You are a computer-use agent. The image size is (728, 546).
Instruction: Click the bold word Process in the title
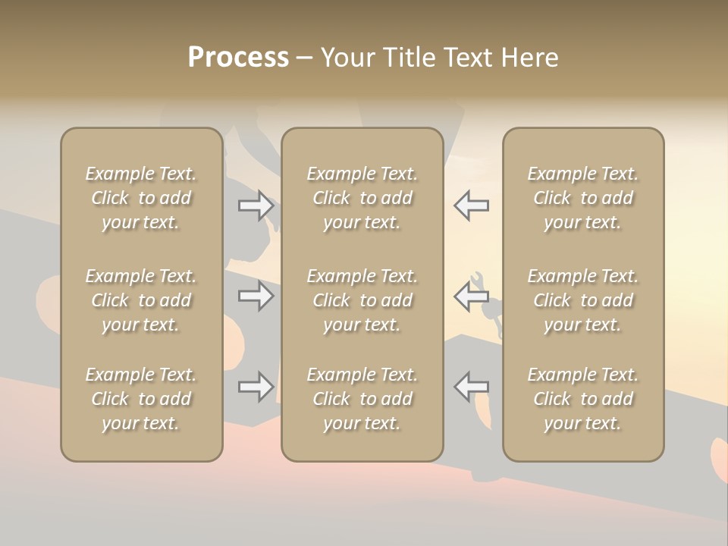(x=238, y=58)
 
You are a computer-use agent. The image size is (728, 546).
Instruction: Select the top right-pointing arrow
(x=256, y=205)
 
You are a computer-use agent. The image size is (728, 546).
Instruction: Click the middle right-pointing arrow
(x=256, y=296)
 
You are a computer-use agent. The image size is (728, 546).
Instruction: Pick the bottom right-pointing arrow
(x=256, y=387)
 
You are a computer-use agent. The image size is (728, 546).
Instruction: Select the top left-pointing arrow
(x=471, y=205)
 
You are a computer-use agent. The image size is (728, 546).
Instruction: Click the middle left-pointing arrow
(x=471, y=296)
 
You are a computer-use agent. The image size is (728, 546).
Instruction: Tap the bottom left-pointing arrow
(x=471, y=387)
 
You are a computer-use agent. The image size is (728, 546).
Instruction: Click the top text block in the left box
(x=141, y=198)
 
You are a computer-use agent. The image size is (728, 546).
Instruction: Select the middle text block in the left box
(x=141, y=300)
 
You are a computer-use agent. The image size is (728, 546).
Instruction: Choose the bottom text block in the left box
(x=141, y=399)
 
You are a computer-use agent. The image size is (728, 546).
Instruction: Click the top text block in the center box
(x=362, y=198)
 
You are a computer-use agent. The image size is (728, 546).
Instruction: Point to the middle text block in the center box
(x=362, y=300)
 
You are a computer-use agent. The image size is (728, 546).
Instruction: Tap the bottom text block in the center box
(x=362, y=399)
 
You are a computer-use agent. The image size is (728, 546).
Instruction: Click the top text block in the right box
(x=583, y=198)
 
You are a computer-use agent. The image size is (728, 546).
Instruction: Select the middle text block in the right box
(x=583, y=300)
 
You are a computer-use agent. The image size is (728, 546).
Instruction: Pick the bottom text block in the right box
(x=583, y=399)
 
